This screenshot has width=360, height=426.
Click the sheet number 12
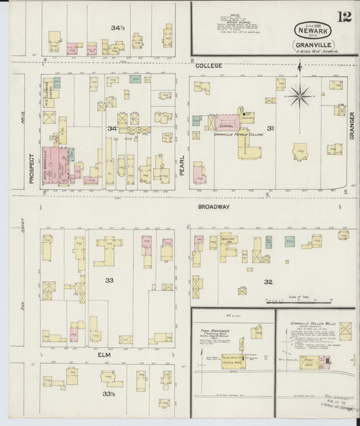click(x=344, y=16)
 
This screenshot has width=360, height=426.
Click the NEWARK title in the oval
click(x=312, y=30)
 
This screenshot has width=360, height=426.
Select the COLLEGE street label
click(x=209, y=65)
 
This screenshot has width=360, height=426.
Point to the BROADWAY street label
click(x=214, y=207)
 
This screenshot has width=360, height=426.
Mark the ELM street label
click(x=104, y=354)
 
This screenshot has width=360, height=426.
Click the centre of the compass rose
click(x=300, y=95)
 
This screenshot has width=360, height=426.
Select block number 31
click(x=269, y=128)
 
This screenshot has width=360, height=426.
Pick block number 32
click(x=267, y=282)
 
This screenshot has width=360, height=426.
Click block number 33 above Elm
click(x=107, y=279)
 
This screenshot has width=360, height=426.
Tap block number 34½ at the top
click(x=118, y=28)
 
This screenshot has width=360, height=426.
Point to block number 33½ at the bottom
click(x=107, y=394)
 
